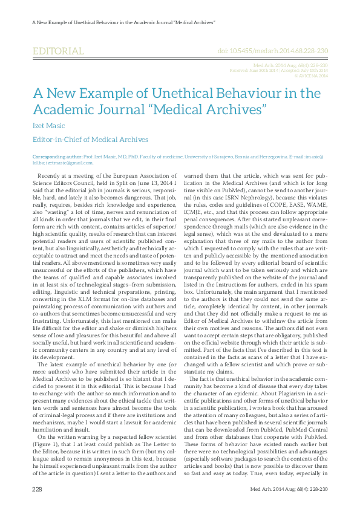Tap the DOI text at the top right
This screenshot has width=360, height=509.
[x=272, y=53]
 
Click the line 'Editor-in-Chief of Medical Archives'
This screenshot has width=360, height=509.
[x=90, y=140]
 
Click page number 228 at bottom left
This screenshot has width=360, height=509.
[x=37, y=488]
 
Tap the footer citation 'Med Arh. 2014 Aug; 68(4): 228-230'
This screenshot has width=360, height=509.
[x=293, y=488]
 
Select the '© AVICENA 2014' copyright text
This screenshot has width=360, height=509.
[x=311, y=76]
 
